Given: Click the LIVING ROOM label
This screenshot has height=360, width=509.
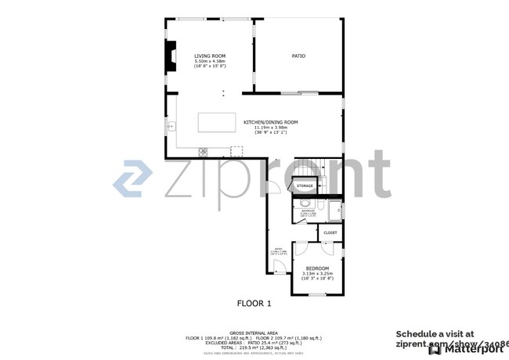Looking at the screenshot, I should [x=210, y=56].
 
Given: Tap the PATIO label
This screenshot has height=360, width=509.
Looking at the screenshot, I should [x=298, y=56].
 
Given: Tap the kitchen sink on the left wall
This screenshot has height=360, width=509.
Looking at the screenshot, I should [x=168, y=125].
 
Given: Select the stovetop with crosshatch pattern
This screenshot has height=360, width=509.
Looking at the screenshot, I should [x=203, y=150].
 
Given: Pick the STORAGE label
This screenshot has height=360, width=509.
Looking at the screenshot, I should [x=305, y=185].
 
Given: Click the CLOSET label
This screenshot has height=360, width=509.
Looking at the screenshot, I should [x=330, y=232].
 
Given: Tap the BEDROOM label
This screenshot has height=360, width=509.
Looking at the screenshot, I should [x=317, y=268].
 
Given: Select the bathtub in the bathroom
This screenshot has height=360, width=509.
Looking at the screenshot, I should [x=335, y=211].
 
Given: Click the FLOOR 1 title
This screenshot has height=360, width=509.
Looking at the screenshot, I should [x=254, y=303].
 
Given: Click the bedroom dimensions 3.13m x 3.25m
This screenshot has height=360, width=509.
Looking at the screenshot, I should [x=317, y=274].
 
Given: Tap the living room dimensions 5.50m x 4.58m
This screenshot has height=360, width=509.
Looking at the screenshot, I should [x=210, y=62].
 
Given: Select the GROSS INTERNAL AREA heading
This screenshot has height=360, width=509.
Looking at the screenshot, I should [x=254, y=333].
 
